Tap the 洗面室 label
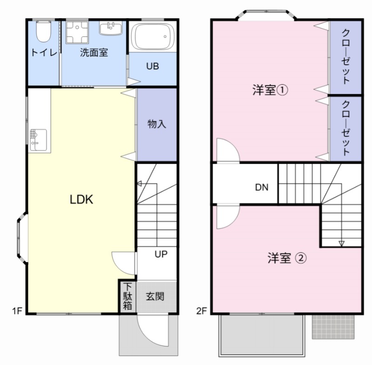point(93,53)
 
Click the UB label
point(153,66)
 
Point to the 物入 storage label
point(157,124)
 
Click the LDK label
point(82,200)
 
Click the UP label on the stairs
point(161,254)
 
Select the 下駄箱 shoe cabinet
point(127,296)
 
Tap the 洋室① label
point(270,90)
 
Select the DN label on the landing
point(261,187)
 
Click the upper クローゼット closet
point(346,57)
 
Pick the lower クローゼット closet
point(346,128)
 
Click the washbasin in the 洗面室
point(111,27)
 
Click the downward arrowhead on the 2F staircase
point(341,243)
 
